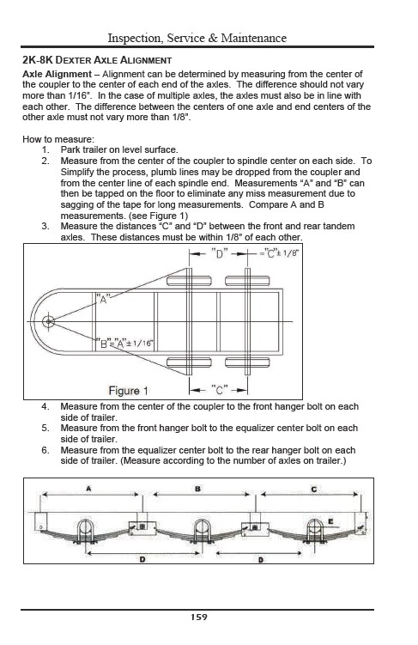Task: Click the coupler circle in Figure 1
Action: (x=49, y=321)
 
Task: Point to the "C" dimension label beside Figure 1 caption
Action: (x=219, y=390)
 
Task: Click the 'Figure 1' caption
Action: (x=128, y=391)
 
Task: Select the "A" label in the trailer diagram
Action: (x=103, y=299)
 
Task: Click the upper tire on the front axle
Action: (x=189, y=282)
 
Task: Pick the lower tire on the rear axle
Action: (x=247, y=362)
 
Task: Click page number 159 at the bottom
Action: (x=199, y=617)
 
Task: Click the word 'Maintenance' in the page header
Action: (x=254, y=38)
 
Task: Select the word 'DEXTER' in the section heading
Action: (x=73, y=60)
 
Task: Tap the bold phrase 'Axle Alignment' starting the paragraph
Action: (x=57, y=75)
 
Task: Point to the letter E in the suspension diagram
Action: (x=330, y=521)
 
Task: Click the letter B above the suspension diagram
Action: (x=197, y=489)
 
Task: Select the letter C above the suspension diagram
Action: (x=313, y=489)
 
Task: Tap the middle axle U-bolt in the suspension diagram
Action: (x=202, y=530)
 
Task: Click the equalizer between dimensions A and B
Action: (x=142, y=527)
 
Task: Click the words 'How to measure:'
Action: (x=58, y=139)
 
